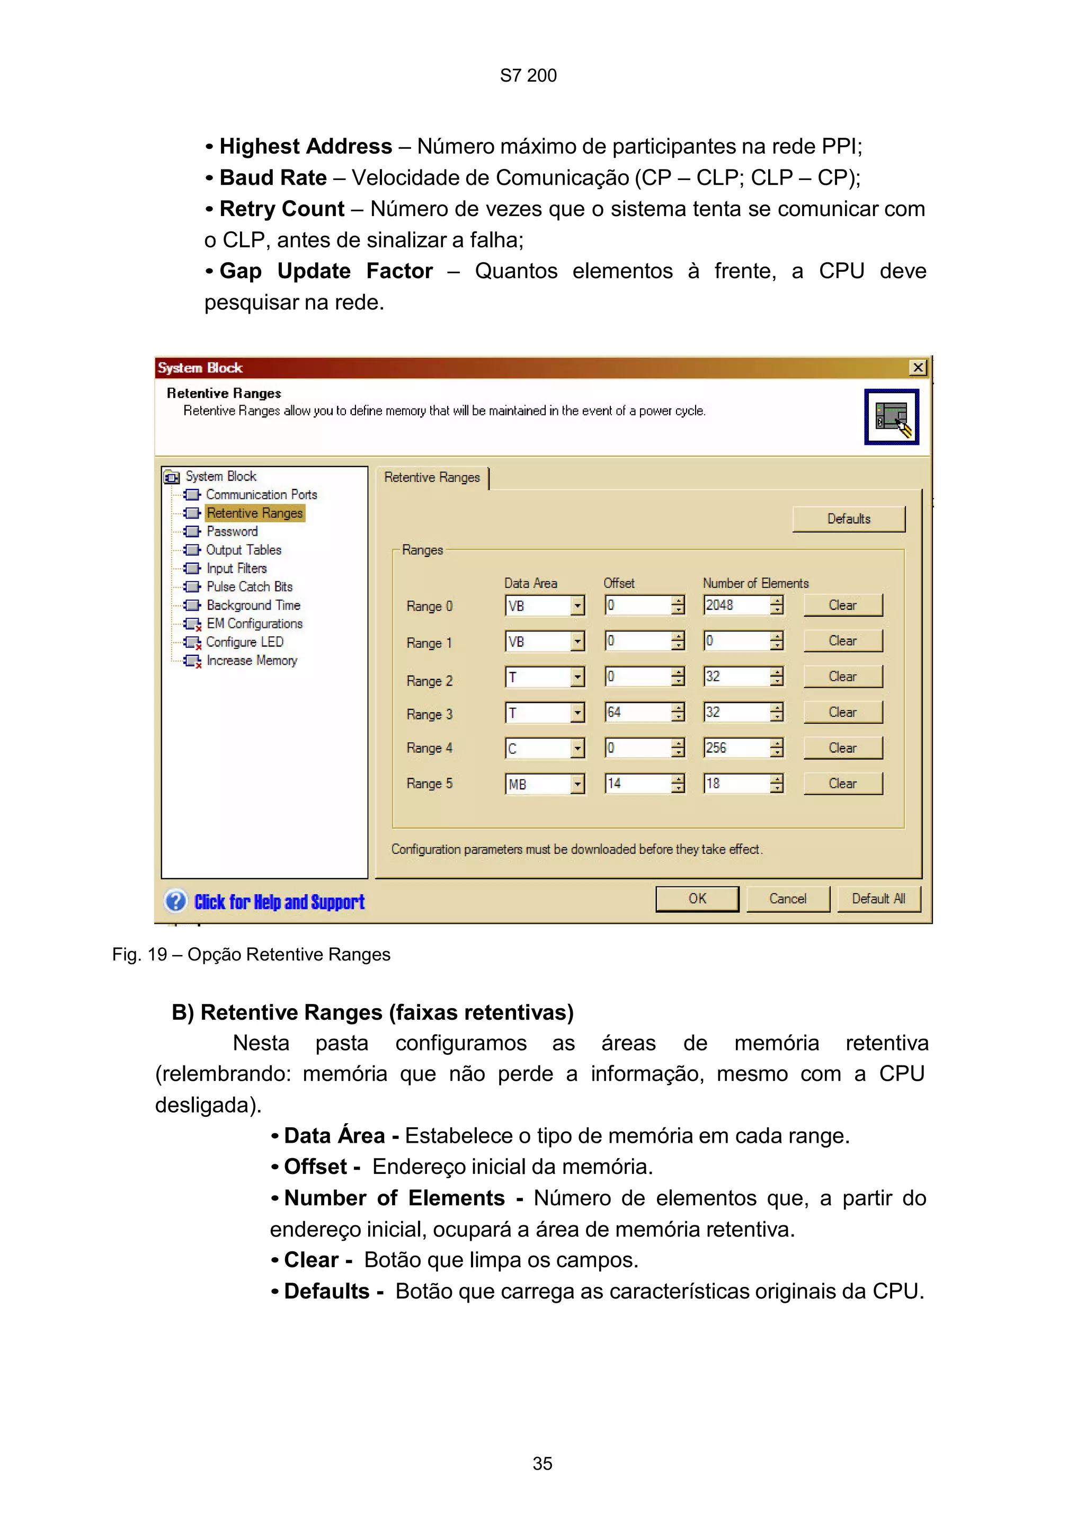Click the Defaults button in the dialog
coord(848,519)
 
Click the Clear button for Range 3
coord(842,712)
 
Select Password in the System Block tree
coord(232,531)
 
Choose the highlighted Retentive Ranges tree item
coord(255,513)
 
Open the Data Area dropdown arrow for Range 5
coord(577,784)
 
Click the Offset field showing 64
coord(637,712)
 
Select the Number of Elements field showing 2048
coord(735,606)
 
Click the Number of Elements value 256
coord(735,748)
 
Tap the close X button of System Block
coord(918,367)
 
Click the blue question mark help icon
coord(175,901)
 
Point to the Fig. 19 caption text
coord(251,955)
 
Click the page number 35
coord(542,1463)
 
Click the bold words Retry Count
coord(281,209)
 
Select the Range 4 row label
coord(429,748)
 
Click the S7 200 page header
coord(528,76)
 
